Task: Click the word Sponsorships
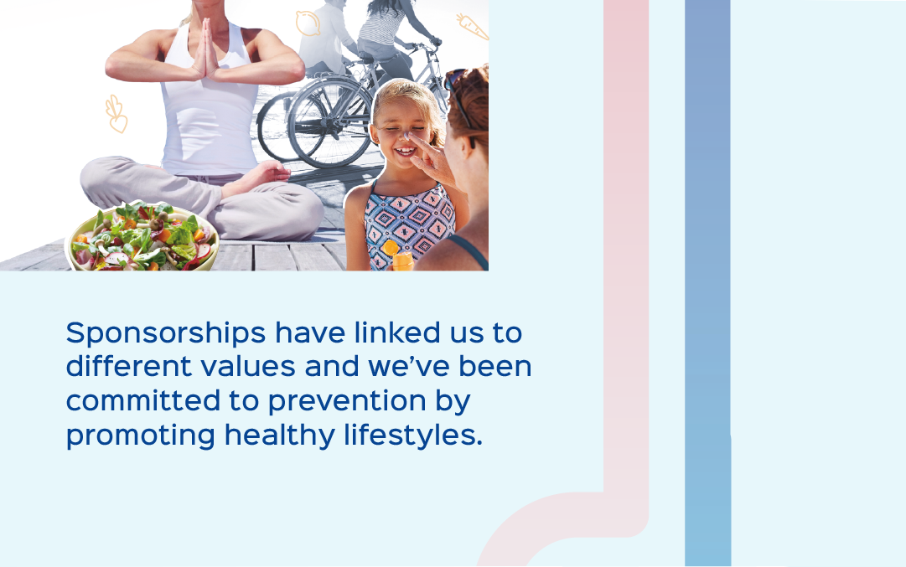[x=166, y=334]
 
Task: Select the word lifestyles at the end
[x=412, y=435]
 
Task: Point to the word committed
[x=143, y=400]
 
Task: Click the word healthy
[x=280, y=435]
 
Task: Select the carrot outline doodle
[x=472, y=27]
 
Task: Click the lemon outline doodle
[x=308, y=23]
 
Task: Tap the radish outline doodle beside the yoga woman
[x=116, y=115]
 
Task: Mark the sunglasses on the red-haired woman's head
[x=458, y=92]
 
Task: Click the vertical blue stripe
[x=708, y=283]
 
